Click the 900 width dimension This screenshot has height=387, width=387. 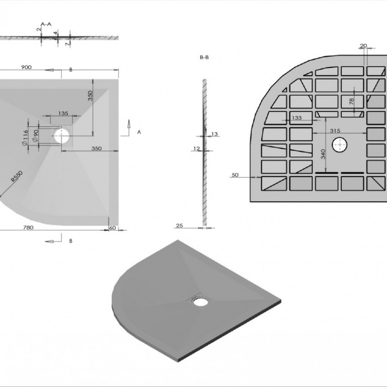26,67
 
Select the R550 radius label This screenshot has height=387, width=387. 17,176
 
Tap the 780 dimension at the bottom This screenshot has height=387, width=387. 28,227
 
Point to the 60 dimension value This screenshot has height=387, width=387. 113,227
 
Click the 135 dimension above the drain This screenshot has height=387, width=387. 63,113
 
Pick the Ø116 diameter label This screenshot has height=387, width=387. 25,138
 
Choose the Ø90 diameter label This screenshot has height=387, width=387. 36,136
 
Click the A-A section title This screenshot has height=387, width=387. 46,24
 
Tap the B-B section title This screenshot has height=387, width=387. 204,57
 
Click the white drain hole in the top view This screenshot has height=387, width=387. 61,136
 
